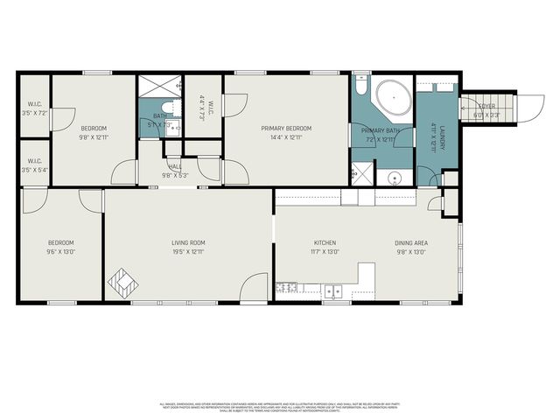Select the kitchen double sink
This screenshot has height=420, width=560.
click(332, 290)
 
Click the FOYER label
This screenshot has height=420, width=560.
click(486, 108)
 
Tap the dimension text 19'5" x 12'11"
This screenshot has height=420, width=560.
click(187, 252)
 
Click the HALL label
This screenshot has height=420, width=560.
click(175, 166)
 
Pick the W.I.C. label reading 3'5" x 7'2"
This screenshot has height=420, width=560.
click(35, 108)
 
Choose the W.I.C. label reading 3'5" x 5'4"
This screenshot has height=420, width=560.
click(35, 164)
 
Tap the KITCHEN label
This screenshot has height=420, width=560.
click(325, 242)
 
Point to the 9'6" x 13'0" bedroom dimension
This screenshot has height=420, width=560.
click(60, 252)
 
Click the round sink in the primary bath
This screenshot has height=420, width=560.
click(395, 178)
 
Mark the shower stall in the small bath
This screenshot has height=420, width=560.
click(160, 87)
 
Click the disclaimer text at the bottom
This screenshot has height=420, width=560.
click(280, 407)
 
